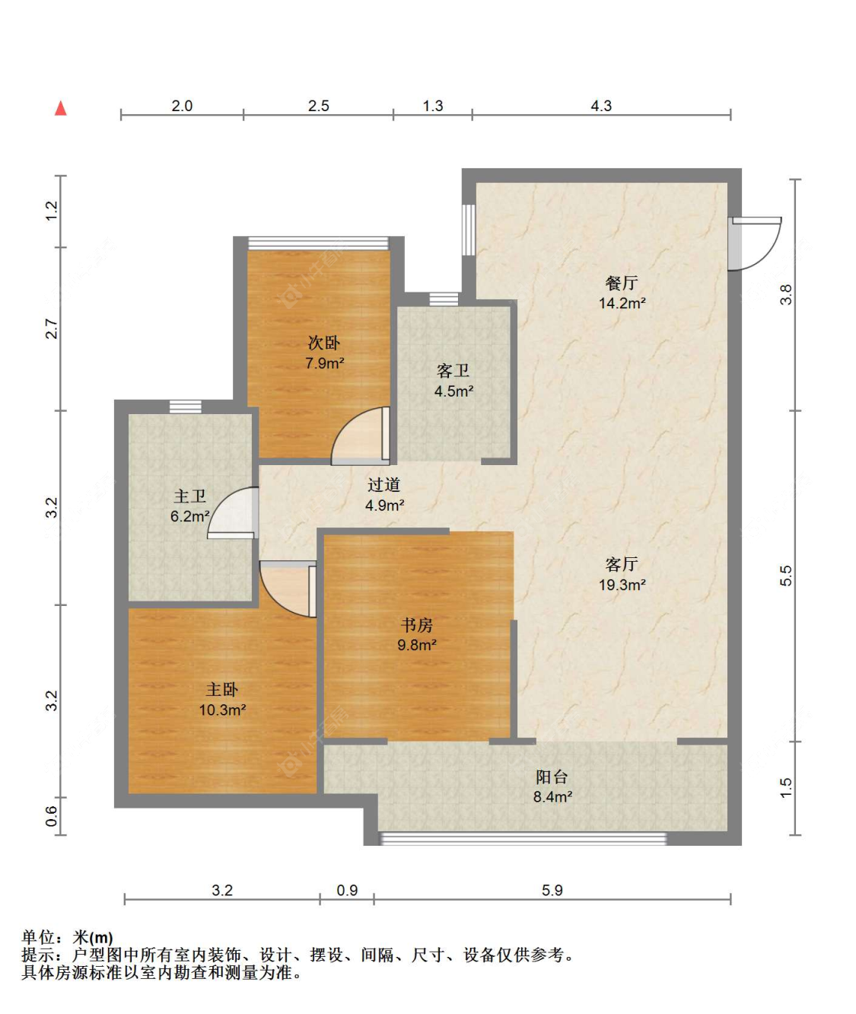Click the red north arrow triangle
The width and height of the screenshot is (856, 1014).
pyautogui.click(x=61, y=108)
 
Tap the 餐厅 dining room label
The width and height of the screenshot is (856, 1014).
pyautogui.click(x=622, y=282)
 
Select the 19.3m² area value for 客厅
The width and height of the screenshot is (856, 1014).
pyautogui.click(x=622, y=585)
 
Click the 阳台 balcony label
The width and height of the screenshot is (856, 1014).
pyautogui.click(x=552, y=777)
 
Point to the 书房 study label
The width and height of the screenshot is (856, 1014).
pyautogui.click(x=417, y=625)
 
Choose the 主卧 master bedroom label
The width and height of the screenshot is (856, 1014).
pyautogui.click(x=222, y=690)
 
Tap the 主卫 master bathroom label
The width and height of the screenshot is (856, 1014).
pyautogui.click(x=189, y=496)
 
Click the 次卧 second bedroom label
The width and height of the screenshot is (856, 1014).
pyautogui.click(x=324, y=343)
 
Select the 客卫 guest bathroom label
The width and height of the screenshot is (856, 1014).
pyautogui.click(x=453, y=371)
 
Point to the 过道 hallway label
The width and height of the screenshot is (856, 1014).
pyautogui.click(x=384, y=485)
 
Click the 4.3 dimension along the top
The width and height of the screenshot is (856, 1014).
pyautogui.click(x=601, y=106)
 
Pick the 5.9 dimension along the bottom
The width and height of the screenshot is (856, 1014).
pyautogui.click(x=552, y=890)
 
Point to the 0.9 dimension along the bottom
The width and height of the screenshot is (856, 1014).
pyautogui.click(x=347, y=890)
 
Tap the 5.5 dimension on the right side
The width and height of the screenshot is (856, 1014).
pyautogui.click(x=785, y=576)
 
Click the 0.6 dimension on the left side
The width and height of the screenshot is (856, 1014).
pyautogui.click(x=52, y=816)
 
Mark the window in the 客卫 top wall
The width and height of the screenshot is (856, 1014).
pyautogui.click(x=444, y=298)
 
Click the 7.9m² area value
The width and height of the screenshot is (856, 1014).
pyautogui.click(x=324, y=363)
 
